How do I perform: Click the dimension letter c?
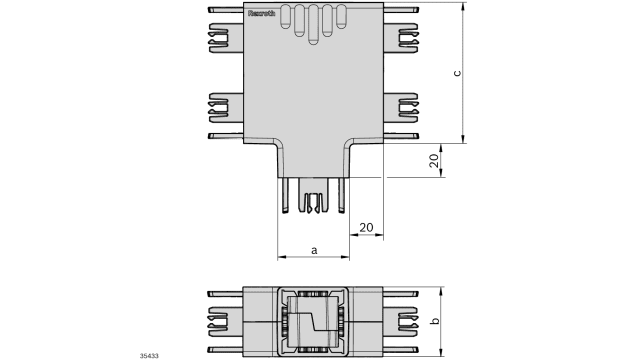point(457,73)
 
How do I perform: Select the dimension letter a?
point(314,249)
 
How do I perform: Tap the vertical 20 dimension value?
point(434,161)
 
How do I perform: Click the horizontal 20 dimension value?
point(366,228)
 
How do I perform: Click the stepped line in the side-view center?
point(314,322)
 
